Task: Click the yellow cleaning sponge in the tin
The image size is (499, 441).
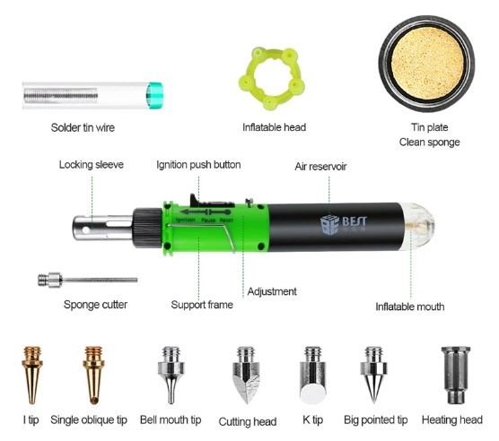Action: click(x=427, y=64)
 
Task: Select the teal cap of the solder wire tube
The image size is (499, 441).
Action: click(x=154, y=95)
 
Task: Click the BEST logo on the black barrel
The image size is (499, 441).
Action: click(x=344, y=224)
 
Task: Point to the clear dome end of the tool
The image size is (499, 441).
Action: click(x=419, y=226)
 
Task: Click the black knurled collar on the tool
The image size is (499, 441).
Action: click(x=147, y=228)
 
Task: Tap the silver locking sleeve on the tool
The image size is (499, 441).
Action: click(x=102, y=228)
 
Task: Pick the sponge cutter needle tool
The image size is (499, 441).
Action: click(x=88, y=281)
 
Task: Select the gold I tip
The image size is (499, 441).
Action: click(x=32, y=375)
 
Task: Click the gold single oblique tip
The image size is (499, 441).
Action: click(x=93, y=375)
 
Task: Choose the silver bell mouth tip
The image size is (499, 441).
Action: click(x=171, y=375)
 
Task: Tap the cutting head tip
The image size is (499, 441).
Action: click(x=246, y=375)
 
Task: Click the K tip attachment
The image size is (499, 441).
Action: click(x=313, y=376)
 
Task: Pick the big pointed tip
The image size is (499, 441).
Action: click(x=373, y=375)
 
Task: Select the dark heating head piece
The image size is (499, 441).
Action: click(x=456, y=375)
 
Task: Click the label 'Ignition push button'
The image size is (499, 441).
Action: click(x=198, y=165)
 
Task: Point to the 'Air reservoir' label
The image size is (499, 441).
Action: click(x=320, y=167)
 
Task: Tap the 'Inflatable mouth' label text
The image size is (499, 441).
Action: click(x=410, y=307)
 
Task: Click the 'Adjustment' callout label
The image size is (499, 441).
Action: click(x=272, y=291)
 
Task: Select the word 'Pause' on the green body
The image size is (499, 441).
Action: click(x=208, y=220)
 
